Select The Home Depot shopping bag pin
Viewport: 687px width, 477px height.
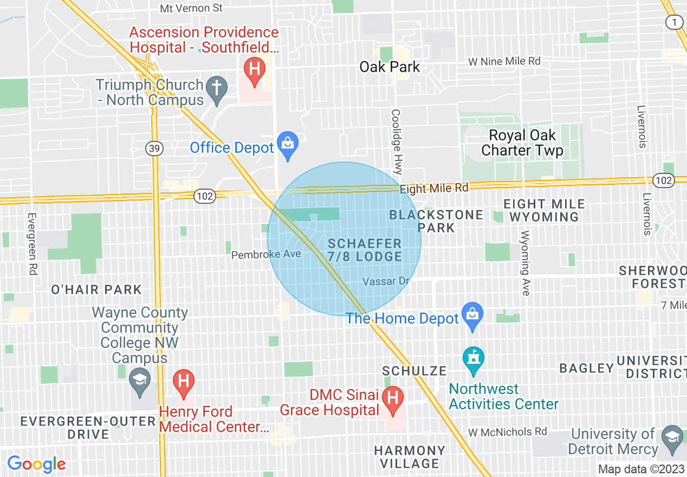click(x=472, y=315)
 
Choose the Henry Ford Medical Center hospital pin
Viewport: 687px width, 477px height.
click(x=183, y=382)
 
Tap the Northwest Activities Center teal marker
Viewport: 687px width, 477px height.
click(x=473, y=360)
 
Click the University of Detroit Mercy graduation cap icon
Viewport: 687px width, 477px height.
click(x=672, y=436)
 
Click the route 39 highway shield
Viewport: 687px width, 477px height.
click(x=154, y=149)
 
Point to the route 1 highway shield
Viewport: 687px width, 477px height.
click(x=673, y=22)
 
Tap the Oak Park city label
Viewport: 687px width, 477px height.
click(x=390, y=67)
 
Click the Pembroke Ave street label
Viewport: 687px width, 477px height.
click(x=266, y=254)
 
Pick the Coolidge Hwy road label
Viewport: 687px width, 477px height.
click(x=396, y=141)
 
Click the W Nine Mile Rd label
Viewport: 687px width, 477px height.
click(x=504, y=61)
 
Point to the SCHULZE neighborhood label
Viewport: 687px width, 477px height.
click(x=414, y=371)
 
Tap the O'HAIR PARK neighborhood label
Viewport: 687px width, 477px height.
click(x=96, y=289)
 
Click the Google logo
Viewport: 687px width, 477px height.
click(x=36, y=464)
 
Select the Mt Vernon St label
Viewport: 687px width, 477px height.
click(x=192, y=8)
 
